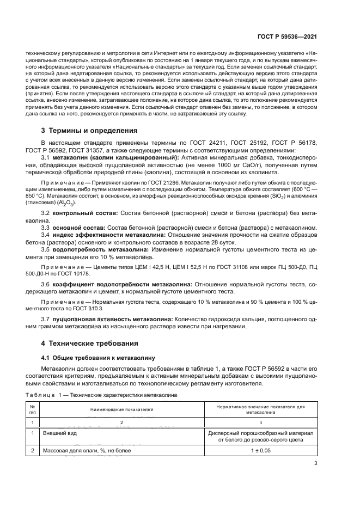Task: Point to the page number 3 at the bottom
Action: click(316, 463)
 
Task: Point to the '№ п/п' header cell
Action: click(33, 408)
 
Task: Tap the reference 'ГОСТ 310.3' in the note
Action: click(97, 307)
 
